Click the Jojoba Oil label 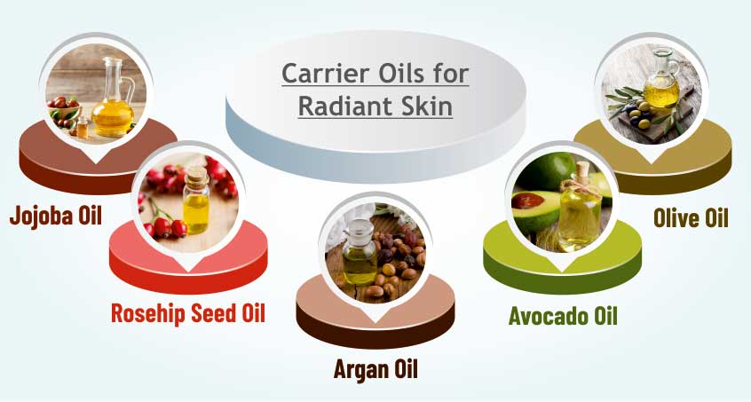coord(56,216)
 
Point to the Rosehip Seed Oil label coord(188,313)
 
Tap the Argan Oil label coord(375,369)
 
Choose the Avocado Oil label coord(563,316)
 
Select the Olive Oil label coord(691,218)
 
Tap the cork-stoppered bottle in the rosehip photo coord(196,200)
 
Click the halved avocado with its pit coord(535,209)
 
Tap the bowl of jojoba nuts coord(64,109)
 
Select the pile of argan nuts coord(399,261)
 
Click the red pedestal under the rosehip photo coord(188,261)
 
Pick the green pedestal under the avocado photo coord(562,261)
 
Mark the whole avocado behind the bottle coord(546,171)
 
